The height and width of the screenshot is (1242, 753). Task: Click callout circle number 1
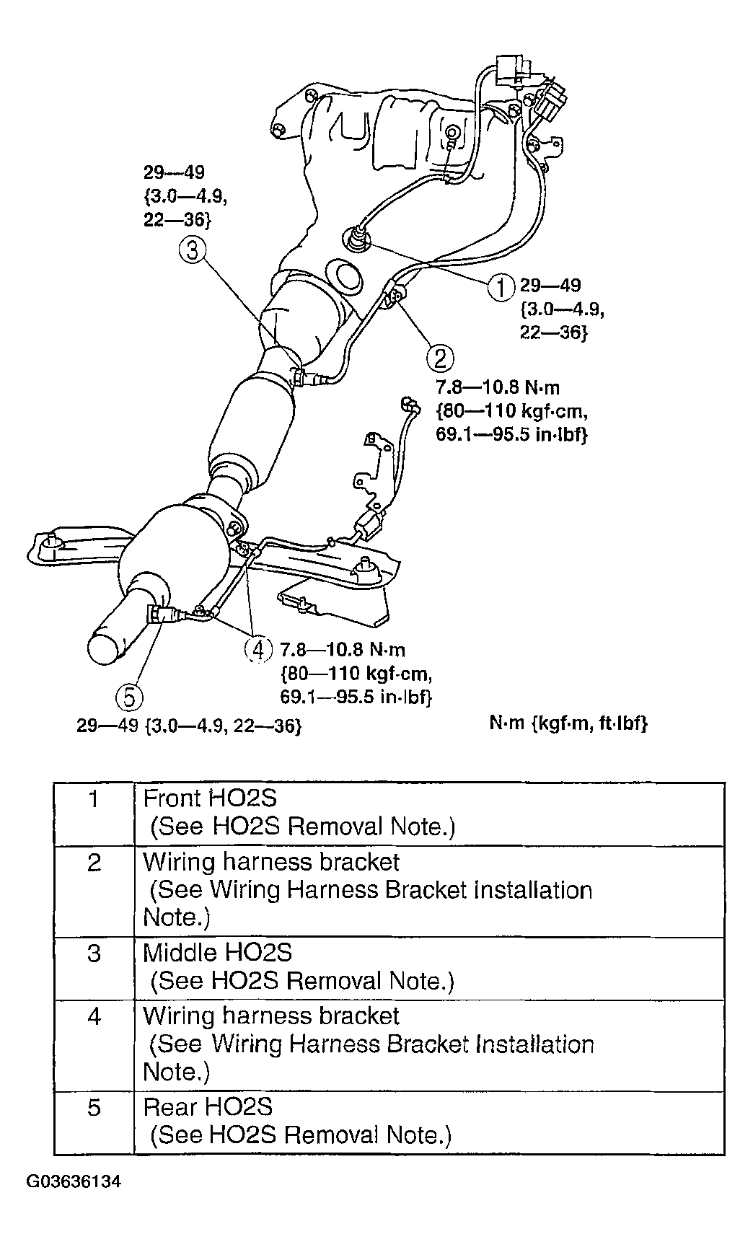[x=500, y=287]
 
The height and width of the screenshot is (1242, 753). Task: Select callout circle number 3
[x=193, y=250]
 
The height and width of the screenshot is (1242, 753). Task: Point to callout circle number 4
[x=257, y=648]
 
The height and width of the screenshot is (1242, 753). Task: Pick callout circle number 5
[x=129, y=697]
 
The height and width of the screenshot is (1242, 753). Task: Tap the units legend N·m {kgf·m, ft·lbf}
[x=568, y=723]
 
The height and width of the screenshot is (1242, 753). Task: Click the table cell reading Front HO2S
[x=211, y=798]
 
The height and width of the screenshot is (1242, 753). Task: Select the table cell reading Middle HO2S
[x=218, y=952]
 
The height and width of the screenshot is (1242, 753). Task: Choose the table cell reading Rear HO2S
[x=208, y=1106]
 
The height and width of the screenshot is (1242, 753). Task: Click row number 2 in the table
[x=94, y=863]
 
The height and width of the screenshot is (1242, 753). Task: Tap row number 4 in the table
[x=94, y=1017]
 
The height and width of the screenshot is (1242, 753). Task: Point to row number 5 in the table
[x=94, y=1107]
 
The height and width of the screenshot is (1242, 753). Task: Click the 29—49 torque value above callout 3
[x=174, y=173]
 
